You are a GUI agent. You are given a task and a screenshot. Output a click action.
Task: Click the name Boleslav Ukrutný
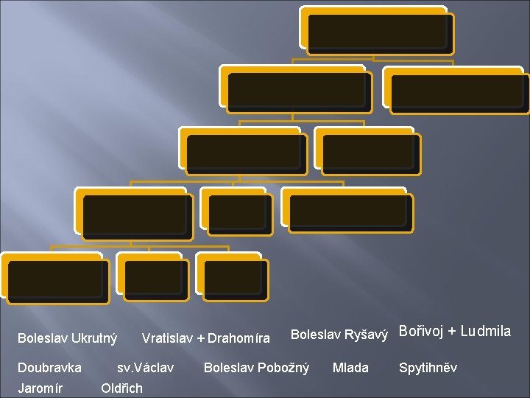[67, 338]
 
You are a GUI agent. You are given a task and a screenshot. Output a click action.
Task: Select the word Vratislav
[167, 338]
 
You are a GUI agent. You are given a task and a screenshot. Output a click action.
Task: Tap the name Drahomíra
[239, 338]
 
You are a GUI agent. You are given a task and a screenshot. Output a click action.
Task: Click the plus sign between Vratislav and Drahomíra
[200, 338]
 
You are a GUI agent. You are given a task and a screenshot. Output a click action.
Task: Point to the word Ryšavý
[367, 335]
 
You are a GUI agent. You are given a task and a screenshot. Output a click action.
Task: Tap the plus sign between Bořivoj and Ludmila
[453, 332]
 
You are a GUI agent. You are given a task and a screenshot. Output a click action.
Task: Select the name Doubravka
[49, 367]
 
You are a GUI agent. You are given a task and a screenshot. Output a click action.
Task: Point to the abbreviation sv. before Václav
[124, 367]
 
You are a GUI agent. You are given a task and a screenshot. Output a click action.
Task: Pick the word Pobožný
[282, 367]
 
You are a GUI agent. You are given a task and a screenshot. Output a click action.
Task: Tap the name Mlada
[350, 367]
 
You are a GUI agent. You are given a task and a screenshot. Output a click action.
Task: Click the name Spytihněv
[428, 367]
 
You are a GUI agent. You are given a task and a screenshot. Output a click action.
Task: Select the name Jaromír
[40, 388]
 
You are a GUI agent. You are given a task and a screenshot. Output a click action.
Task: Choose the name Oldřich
[121, 388]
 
